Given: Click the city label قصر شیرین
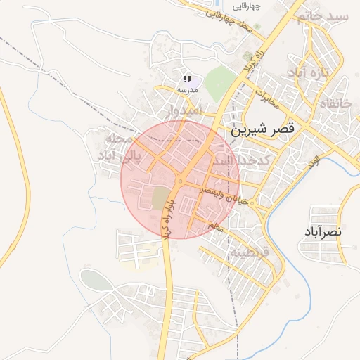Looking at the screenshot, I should tap(262, 131).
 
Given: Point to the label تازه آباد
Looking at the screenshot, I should tap(314, 73).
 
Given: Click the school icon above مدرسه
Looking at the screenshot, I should tap(186, 79).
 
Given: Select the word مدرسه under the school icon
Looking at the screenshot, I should tap(186, 90).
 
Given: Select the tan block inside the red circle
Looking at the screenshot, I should tap(162, 196).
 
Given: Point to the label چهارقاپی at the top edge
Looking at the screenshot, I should tap(247, 6).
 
